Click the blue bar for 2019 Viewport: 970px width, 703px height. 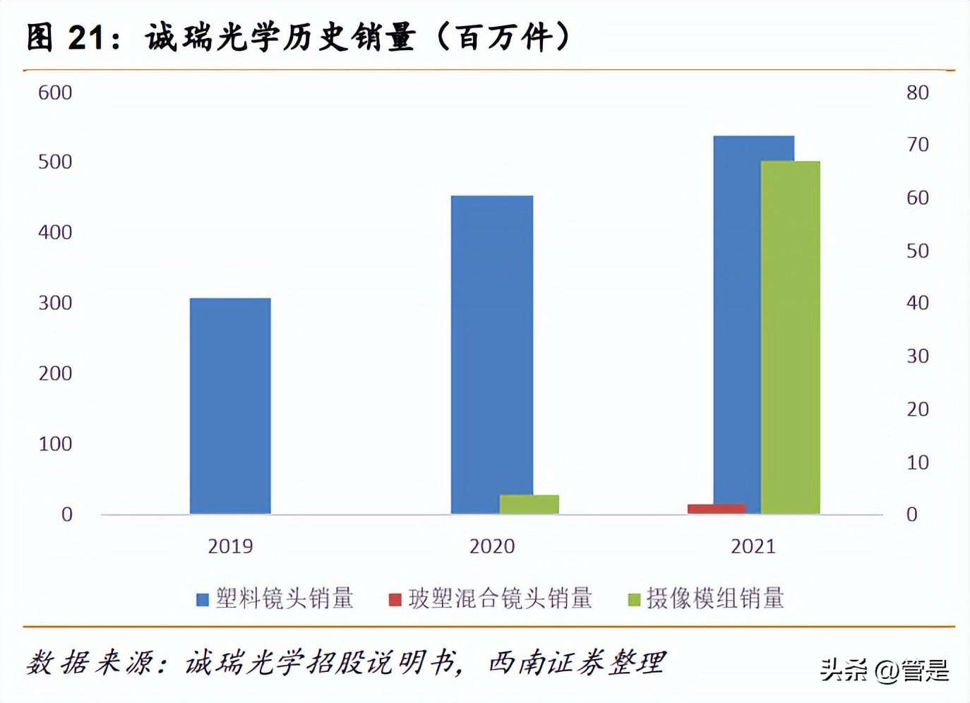click(x=230, y=406)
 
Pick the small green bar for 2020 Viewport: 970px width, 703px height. click(x=529, y=504)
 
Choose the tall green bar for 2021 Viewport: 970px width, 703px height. click(x=791, y=337)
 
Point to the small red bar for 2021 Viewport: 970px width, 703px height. click(x=716, y=508)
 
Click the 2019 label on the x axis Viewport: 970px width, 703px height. click(x=230, y=546)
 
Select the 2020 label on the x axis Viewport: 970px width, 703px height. click(x=492, y=546)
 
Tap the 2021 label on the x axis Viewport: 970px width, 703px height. click(x=753, y=546)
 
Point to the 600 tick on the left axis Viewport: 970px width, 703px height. click(x=55, y=92)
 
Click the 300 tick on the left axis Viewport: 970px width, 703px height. click(x=55, y=303)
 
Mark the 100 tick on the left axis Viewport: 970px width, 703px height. click(x=55, y=444)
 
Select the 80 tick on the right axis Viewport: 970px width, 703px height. click(x=917, y=92)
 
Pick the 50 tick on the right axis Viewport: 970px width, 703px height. click(x=917, y=251)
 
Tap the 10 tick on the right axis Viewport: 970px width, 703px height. click(x=917, y=462)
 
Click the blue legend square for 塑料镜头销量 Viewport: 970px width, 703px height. click(x=203, y=600)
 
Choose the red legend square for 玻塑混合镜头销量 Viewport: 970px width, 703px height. click(x=395, y=600)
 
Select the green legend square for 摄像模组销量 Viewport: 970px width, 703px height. click(x=634, y=600)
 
